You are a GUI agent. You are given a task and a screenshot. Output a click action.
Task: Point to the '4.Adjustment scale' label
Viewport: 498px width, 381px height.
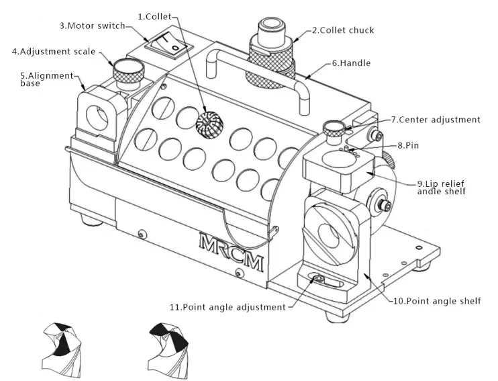click(54, 51)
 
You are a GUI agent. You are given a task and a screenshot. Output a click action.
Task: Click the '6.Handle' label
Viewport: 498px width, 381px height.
click(351, 63)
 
